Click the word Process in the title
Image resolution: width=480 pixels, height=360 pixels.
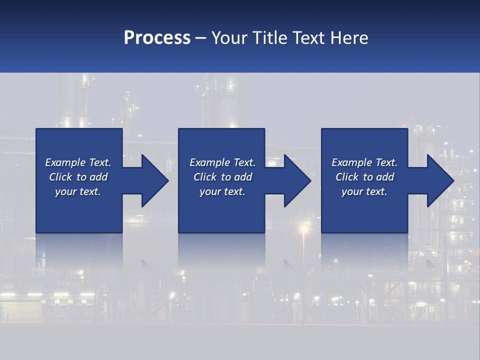point(157,38)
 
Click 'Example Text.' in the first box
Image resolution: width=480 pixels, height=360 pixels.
point(78,162)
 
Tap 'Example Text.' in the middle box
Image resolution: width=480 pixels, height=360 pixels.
point(222,162)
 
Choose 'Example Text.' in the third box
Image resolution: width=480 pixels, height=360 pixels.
point(364,162)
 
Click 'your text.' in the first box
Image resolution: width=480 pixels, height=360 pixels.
point(78,191)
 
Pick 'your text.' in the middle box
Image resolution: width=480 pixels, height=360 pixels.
point(222,191)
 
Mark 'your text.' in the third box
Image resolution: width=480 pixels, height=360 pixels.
point(364,191)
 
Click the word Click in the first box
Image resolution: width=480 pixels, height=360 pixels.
point(60,177)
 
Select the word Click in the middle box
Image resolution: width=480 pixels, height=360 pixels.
point(205,177)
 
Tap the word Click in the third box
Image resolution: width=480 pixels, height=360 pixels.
point(347,177)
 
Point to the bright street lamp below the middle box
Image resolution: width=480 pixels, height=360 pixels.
point(303,229)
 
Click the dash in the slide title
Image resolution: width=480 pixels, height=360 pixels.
point(201,38)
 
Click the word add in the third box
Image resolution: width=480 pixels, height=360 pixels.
point(384,177)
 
